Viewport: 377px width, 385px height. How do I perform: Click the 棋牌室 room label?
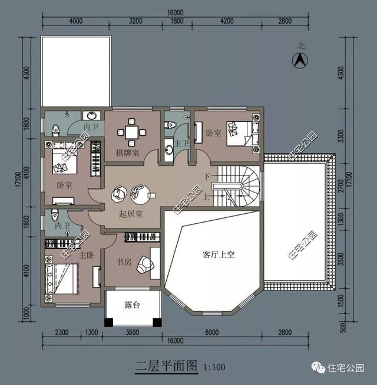[x=127, y=154]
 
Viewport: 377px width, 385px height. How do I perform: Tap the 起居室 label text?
[x=131, y=213]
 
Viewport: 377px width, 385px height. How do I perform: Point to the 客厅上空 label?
[x=219, y=255]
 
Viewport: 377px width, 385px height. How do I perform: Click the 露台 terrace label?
[x=132, y=305]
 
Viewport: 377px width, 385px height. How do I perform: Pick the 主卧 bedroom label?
[x=87, y=255]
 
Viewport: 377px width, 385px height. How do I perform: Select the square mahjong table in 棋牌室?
[x=132, y=132]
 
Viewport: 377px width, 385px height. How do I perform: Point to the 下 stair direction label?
[x=207, y=177]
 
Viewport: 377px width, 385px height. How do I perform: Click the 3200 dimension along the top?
[x=135, y=21]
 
